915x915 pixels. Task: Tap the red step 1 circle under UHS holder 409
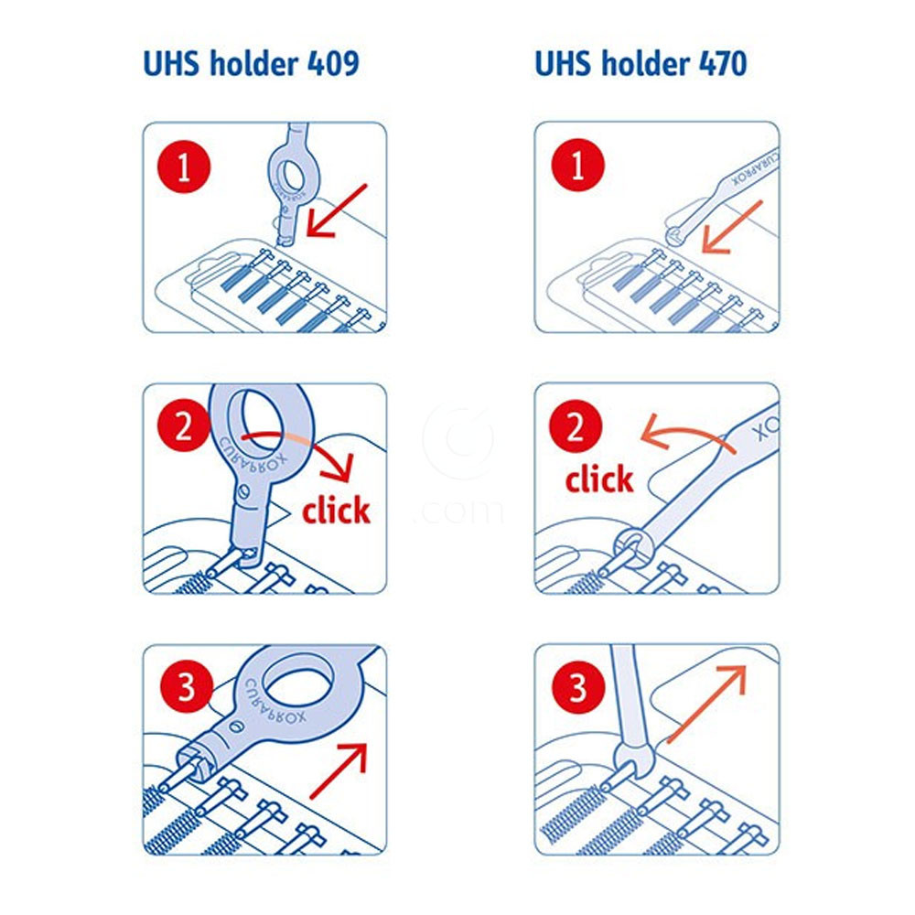click(x=184, y=167)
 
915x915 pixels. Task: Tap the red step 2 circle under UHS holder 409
click(x=184, y=426)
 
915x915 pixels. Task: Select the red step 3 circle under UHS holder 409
click(x=186, y=686)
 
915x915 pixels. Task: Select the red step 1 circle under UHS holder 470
click(x=577, y=165)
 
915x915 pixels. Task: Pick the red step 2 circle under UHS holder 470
click(x=576, y=426)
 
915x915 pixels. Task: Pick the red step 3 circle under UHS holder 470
click(x=577, y=687)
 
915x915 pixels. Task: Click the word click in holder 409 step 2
click(x=336, y=510)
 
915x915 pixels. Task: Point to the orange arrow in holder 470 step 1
click(x=732, y=227)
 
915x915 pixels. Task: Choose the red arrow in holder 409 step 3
click(x=339, y=770)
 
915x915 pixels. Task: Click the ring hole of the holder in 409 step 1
click(x=289, y=176)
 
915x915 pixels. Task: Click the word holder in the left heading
click(x=253, y=64)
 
